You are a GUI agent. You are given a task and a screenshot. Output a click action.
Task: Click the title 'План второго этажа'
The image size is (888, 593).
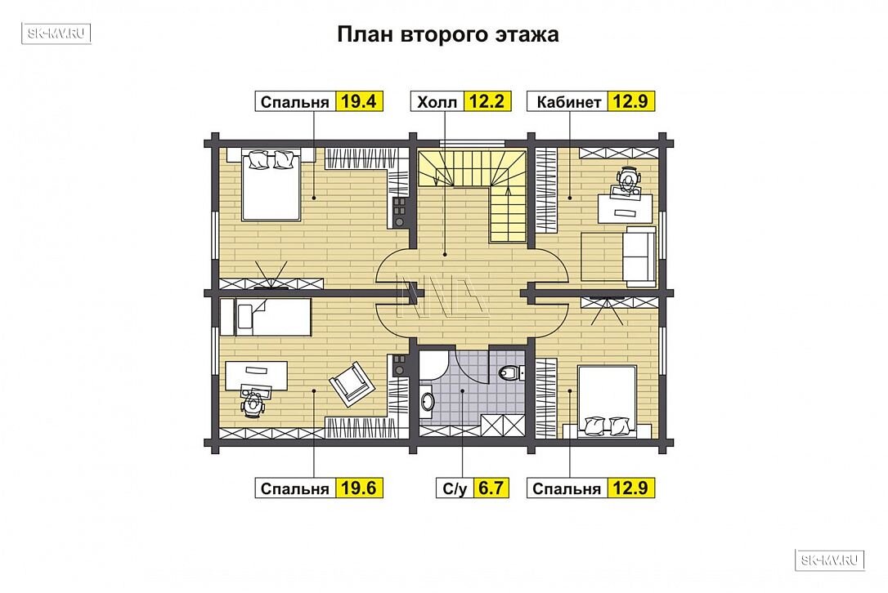pyautogui.click(x=448, y=34)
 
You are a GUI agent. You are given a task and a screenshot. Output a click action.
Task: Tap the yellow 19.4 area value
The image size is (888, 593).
pyautogui.click(x=359, y=101)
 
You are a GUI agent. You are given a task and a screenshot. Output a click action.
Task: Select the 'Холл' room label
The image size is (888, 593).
pyautogui.click(x=437, y=102)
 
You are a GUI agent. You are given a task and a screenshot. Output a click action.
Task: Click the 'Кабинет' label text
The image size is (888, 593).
pyautogui.click(x=568, y=102)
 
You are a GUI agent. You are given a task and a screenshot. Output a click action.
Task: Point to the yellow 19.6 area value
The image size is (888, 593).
pyautogui.click(x=359, y=488)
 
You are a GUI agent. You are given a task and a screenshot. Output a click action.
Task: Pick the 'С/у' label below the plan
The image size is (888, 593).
pyautogui.click(x=454, y=488)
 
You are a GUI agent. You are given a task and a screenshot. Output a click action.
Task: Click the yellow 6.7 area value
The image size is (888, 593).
pyautogui.click(x=491, y=488)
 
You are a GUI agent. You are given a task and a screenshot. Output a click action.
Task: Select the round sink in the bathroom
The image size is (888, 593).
pyautogui.click(x=428, y=401)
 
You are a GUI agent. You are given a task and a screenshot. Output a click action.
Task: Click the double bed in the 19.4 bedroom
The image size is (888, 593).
pyautogui.click(x=271, y=185)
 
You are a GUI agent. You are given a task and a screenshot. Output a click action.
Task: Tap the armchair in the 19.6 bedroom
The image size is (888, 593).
pyautogui.click(x=352, y=384)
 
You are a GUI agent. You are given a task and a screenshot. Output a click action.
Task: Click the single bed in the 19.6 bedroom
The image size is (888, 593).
pyautogui.click(x=266, y=317)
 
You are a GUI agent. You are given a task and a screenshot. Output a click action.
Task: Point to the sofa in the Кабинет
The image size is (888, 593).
pyautogui.click(x=640, y=255)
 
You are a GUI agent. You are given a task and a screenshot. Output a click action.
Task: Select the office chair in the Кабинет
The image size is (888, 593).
pyautogui.click(x=627, y=179)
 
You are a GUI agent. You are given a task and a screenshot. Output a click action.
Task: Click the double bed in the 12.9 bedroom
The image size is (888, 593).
pyautogui.click(x=607, y=402)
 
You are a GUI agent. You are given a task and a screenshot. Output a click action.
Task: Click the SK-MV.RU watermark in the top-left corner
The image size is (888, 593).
pyautogui.click(x=56, y=33)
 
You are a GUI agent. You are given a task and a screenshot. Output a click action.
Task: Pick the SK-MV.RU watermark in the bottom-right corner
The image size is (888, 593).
pyautogui.click(x=830, y=560)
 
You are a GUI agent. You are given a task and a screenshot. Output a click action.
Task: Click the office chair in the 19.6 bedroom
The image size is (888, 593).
pyautogui.click(x=253, y=403)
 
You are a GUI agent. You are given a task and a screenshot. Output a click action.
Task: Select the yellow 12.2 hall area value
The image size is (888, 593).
pyautogui.click(x=487, y=101)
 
